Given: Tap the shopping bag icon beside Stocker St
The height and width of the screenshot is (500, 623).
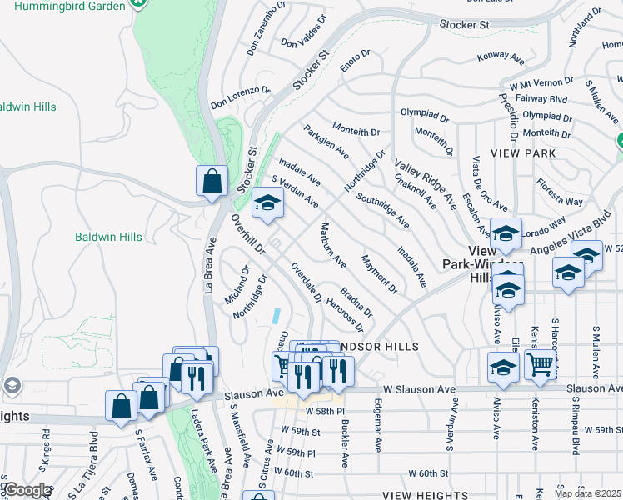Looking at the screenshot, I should (212, 180).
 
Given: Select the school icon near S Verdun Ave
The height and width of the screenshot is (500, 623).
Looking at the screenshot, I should (267, 203).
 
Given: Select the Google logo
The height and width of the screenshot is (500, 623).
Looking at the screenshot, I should (27, 491).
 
